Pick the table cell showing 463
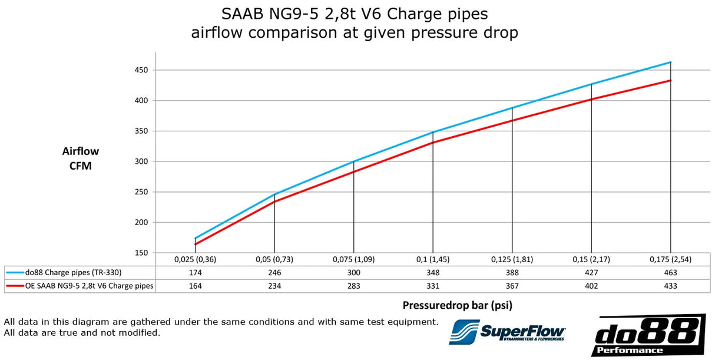(x=670, y=273)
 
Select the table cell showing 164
(x=195, y=286)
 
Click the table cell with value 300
(x=353, y=273)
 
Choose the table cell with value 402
(x=591, y=286)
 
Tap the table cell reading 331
(x=433, y=286)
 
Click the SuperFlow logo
(x=507, y=333)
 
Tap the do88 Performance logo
(x=648, y=335)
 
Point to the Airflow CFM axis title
(x=80, y=158)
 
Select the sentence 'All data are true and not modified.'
(x=82, y=333)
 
